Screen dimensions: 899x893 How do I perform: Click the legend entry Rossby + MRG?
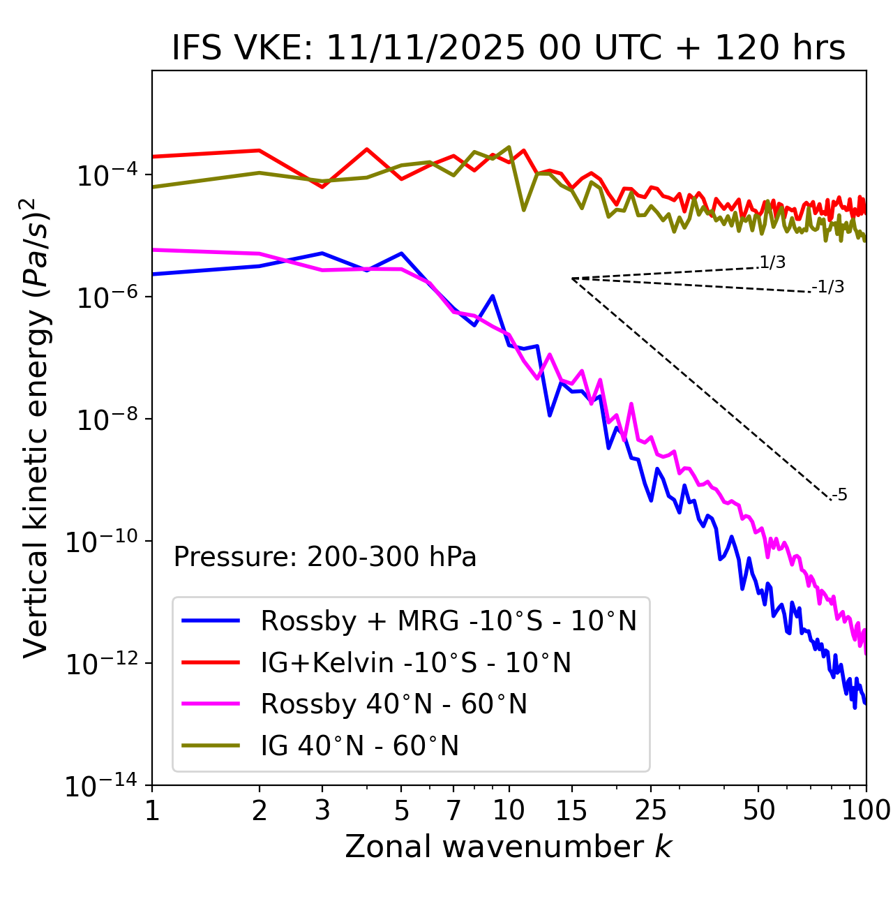(449, 621)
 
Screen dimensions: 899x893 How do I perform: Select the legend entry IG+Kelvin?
(416, 662)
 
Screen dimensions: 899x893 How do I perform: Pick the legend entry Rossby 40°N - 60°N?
(393, 704)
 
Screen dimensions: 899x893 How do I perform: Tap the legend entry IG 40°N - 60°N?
(359, 746)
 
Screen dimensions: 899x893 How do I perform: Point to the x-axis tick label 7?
(453, 810)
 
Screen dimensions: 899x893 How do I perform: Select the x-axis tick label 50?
(759, 810)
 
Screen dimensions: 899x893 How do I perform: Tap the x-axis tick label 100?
(866, 810)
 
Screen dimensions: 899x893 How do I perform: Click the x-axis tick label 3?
(322, 810)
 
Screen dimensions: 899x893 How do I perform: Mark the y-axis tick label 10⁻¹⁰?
(101, 542)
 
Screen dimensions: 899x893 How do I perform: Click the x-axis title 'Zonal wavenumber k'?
(509, 847)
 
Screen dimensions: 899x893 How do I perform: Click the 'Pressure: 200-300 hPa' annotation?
(325, 557)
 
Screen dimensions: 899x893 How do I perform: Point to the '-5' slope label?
(840, 495)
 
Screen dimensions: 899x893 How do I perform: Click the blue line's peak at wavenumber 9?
(493, 296)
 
